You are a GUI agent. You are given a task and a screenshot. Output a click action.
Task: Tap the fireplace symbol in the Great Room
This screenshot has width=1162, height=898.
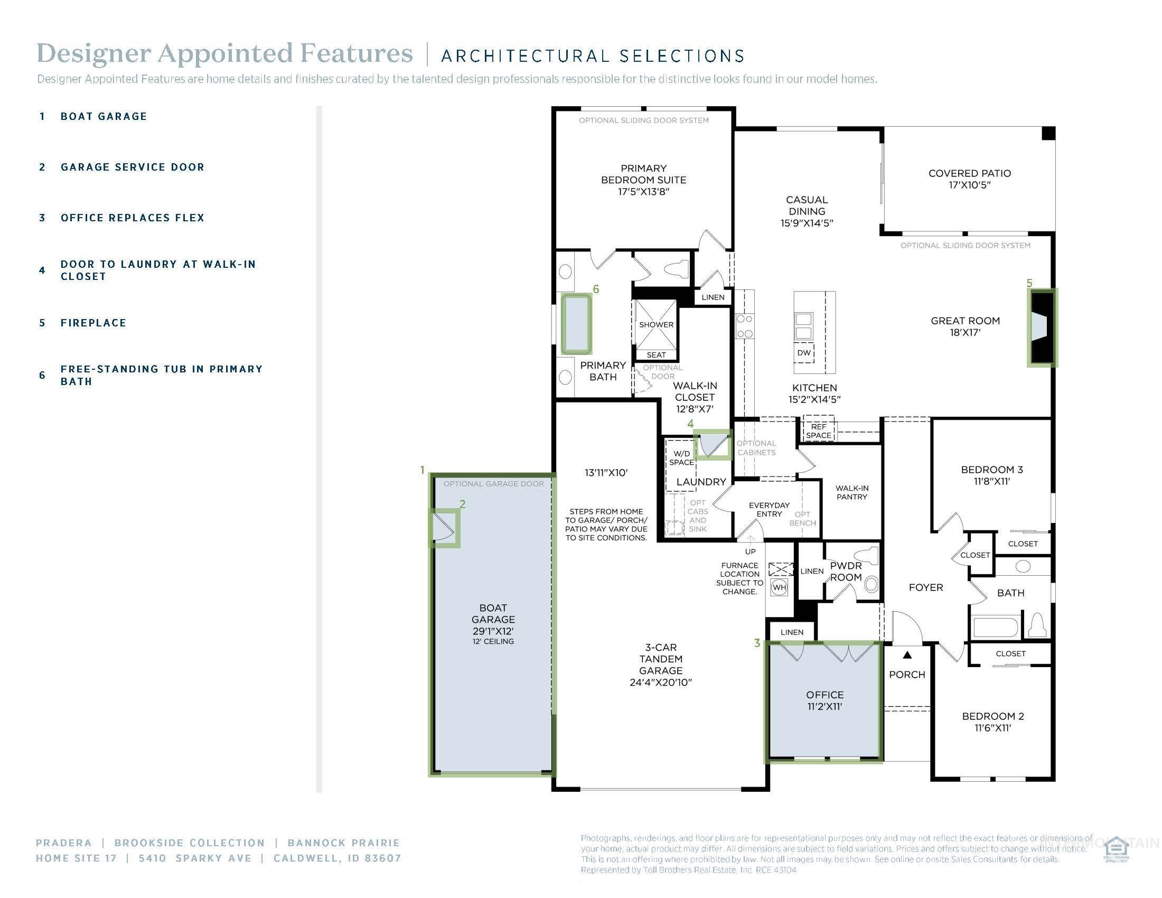pyautogui.click(x=1041, y=327)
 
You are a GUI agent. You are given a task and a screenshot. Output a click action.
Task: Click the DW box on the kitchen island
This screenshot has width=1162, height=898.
pyautogui.click(x=803, y=353)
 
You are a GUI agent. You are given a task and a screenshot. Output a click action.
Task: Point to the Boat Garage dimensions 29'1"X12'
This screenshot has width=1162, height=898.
pyautogui.click(x=493, y=631)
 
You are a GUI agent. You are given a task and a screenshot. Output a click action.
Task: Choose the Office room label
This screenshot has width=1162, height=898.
pyautogui.click(x=824, y=694)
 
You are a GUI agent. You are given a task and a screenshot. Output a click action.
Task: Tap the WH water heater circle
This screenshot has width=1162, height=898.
pyautogui.click(x=780, y=587)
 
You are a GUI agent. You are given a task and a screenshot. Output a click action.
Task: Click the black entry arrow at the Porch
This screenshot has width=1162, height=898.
pyautogui.click(x=907, y=655)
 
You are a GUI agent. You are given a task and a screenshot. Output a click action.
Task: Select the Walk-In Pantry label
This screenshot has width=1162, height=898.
pyautogui.click(x=851, y=492)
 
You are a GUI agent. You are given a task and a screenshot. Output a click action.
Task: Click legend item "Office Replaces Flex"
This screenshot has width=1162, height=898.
pyautogui.click(x=132, y=218)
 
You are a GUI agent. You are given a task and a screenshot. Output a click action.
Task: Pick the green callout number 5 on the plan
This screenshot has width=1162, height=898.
pyautogui.click(x=1029, y=283)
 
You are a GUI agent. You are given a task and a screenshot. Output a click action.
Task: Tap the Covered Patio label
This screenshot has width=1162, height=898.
pyautogui.click(x=969, y=173)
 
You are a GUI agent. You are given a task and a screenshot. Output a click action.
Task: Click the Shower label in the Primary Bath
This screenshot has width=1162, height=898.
pyautogui.click(x=656, y=324)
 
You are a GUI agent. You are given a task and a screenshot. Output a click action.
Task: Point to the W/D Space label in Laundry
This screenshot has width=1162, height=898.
pyautogui.click(x=681, y=457)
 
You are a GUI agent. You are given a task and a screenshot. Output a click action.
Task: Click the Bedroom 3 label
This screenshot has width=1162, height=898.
pyautogui.click(x=992, y=470)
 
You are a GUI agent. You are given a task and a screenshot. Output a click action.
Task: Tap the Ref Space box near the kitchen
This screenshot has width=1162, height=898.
pyautogui.click(x=818, y=431)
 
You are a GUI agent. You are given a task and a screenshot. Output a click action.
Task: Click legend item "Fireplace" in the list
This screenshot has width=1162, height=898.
pyautogui.click(x=93, y=323)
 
